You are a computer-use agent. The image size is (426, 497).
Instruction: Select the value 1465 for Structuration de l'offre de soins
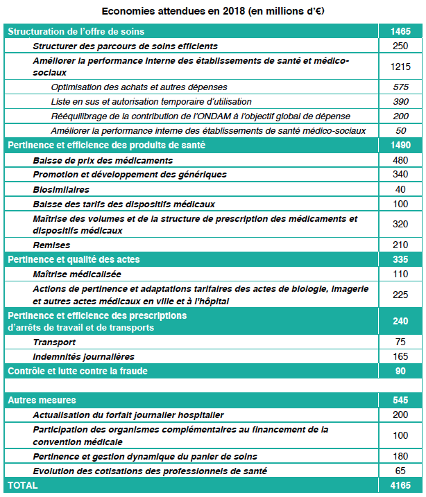pyautogui.click(x=400, y=32)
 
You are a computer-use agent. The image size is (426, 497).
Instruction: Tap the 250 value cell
pyautogui.click(x=400, y=46)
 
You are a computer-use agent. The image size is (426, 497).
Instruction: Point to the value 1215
pyautogui.click(x=400, y=67)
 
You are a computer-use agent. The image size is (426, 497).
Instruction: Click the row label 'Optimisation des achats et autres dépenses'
pyautogui.click(x=139, y=87)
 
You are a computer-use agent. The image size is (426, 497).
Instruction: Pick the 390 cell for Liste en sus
pyautogui.click(x=400, y=102)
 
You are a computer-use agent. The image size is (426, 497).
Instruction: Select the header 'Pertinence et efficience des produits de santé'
pyautogui.click(x=106, y=146)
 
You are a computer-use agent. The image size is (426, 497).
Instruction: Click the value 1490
pyautogui.click(x=400, y=146)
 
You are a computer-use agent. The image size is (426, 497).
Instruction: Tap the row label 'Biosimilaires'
pyautogui.click(x=61, y=189)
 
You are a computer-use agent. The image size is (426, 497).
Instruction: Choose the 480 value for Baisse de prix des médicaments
pyautogui.click(x=400, y=160)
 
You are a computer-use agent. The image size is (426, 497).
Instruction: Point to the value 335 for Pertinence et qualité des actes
pyautogui.click(x=400, y=259)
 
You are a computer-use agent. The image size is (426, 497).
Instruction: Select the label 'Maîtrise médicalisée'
pyautogui.click(x=77, y=274)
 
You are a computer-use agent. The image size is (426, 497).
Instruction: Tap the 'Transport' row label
pyautogui.click(x=54, y=342)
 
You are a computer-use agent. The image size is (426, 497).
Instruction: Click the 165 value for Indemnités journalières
pyautogui.click(x=400, y=356)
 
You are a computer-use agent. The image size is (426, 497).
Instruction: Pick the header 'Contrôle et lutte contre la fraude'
pyautogui.click(x=77, y=371)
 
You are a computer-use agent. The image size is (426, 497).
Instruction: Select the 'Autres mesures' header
pyautogui.click(x=42, y=400)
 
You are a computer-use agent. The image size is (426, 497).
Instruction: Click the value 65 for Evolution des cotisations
pyautogui.click(x=400, y=471)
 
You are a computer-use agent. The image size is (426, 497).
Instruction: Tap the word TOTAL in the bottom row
pyautogui.click(x=23, y=486)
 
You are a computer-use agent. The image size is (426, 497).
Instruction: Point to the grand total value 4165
pyautogui.click(x=400, y=486)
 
